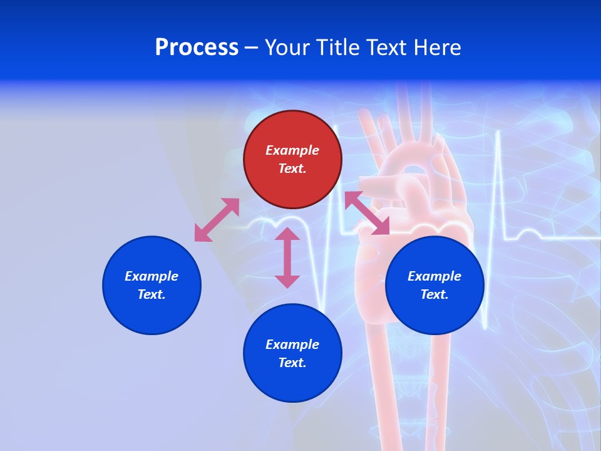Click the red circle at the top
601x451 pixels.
tap(292, 159)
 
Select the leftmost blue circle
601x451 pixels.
tap(152, 285)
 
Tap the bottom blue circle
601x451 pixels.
tap(292, 353)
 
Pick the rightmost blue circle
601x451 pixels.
tap(434, 285)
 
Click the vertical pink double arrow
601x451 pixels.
tap(287, 257)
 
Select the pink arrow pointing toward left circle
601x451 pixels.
tap(217, 220)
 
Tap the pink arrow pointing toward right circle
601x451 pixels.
tap(367, 213)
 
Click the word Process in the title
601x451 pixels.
tap(197, 48)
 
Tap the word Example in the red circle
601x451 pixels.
tap(292, 150)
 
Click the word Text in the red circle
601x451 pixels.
tap(292, 168)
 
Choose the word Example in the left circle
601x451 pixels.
tap(152, 276)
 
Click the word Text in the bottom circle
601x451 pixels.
tap(292, 363)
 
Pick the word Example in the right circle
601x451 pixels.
tap(434, 276)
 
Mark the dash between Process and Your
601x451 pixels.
tap(252, 48)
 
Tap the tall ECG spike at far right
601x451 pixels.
tap(498, 188)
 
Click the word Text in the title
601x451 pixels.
tap(387, 48)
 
